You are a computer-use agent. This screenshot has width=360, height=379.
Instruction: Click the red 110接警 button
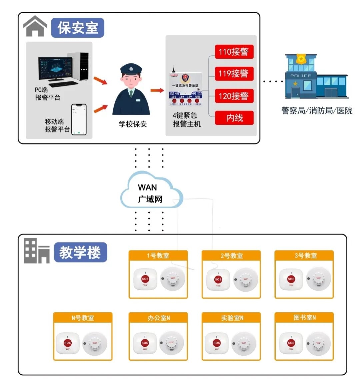pos(234,52)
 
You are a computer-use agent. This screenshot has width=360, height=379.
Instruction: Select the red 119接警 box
pos(234,73)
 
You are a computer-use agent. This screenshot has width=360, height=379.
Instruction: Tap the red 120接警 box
pos(234,96)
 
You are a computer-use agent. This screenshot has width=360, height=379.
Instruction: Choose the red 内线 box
pos(234,118)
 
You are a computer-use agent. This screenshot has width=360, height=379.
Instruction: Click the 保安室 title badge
pos(78,27)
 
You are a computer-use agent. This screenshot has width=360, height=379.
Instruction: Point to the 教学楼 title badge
pos(80,252)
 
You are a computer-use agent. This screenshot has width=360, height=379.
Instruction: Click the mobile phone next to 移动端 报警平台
pos(79,119)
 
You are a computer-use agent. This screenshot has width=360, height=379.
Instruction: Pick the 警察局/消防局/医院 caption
pos(317,111)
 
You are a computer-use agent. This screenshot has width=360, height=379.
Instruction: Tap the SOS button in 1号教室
pos(145,279)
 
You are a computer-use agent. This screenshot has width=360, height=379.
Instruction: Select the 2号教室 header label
pos(231,256)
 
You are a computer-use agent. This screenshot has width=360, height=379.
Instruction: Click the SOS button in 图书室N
pos(291,343)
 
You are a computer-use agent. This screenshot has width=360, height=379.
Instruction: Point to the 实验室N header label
pos(231,318)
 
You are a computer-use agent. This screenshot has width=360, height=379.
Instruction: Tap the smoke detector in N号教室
pos(95,343)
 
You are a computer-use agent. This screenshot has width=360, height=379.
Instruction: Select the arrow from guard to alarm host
pos(157,90)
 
